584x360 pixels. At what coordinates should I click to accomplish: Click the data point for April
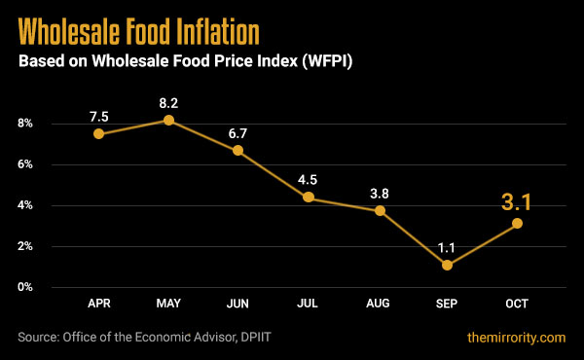(x=98, y=134)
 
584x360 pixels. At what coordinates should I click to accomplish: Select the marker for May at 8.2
(x=168, y=120)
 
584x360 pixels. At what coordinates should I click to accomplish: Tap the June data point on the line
(x=237, y=151)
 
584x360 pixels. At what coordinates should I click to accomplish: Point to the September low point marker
(x=447, y=265)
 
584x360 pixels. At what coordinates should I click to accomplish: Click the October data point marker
(x=517, y=224)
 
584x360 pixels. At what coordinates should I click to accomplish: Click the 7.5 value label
(x=98, y=117)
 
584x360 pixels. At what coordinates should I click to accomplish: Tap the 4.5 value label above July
(x=308, y=178)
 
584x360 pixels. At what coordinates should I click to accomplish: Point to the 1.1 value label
(x=447, y=246)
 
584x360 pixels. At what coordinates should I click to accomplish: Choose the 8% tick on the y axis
(x=24, y=124)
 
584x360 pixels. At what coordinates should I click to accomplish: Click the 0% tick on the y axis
(x=24, y=287)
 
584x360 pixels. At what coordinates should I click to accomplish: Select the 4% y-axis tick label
(x=24, y=205)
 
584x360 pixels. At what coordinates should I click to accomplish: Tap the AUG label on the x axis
(x=378, y=305)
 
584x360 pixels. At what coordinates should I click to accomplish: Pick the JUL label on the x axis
(x=308, y=305)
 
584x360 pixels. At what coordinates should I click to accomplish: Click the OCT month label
(x=517, y=305)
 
